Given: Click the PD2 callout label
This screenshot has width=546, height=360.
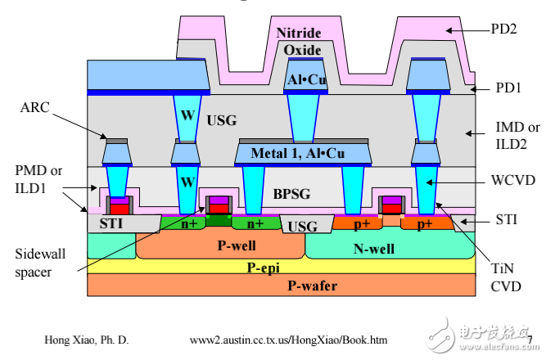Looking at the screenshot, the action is tap(503, 29).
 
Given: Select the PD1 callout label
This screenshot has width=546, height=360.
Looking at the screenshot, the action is tap(508, 88).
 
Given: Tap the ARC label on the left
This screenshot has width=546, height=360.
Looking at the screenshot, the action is tap(35, 107).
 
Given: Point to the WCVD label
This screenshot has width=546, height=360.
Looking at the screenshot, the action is tap(513, 180).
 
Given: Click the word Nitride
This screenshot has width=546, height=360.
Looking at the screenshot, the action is tap(299, 33).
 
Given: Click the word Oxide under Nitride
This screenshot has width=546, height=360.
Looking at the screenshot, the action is tap(302, 50).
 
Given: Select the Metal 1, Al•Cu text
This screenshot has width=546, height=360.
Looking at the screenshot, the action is tap(298, 153).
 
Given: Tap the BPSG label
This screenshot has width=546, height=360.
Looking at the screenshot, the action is tap(291, 194).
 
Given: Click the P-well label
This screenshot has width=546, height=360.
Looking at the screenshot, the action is tap(237, 245).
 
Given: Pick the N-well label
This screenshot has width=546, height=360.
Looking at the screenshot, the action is tap(373, 249).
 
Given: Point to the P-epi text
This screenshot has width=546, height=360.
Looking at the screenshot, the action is tap(263, 268).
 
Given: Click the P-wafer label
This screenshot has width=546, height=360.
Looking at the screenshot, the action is tap(312, 286).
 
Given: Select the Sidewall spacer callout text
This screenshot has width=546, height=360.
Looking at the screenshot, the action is tap(40, 263).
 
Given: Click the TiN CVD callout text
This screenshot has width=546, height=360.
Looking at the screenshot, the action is tap(506, 277).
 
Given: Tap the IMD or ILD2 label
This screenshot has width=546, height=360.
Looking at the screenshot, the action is tap(518, 136).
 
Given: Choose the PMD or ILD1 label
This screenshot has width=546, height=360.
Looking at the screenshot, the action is tap(38, 179).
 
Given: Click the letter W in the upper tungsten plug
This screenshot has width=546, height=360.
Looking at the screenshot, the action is tap(187, 115).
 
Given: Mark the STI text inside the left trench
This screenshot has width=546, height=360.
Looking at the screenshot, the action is tap(111, 223).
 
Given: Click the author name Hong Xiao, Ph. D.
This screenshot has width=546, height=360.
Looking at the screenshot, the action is tap(86, 340).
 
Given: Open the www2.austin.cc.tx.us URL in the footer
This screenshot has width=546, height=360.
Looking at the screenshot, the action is tap(288, 340).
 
